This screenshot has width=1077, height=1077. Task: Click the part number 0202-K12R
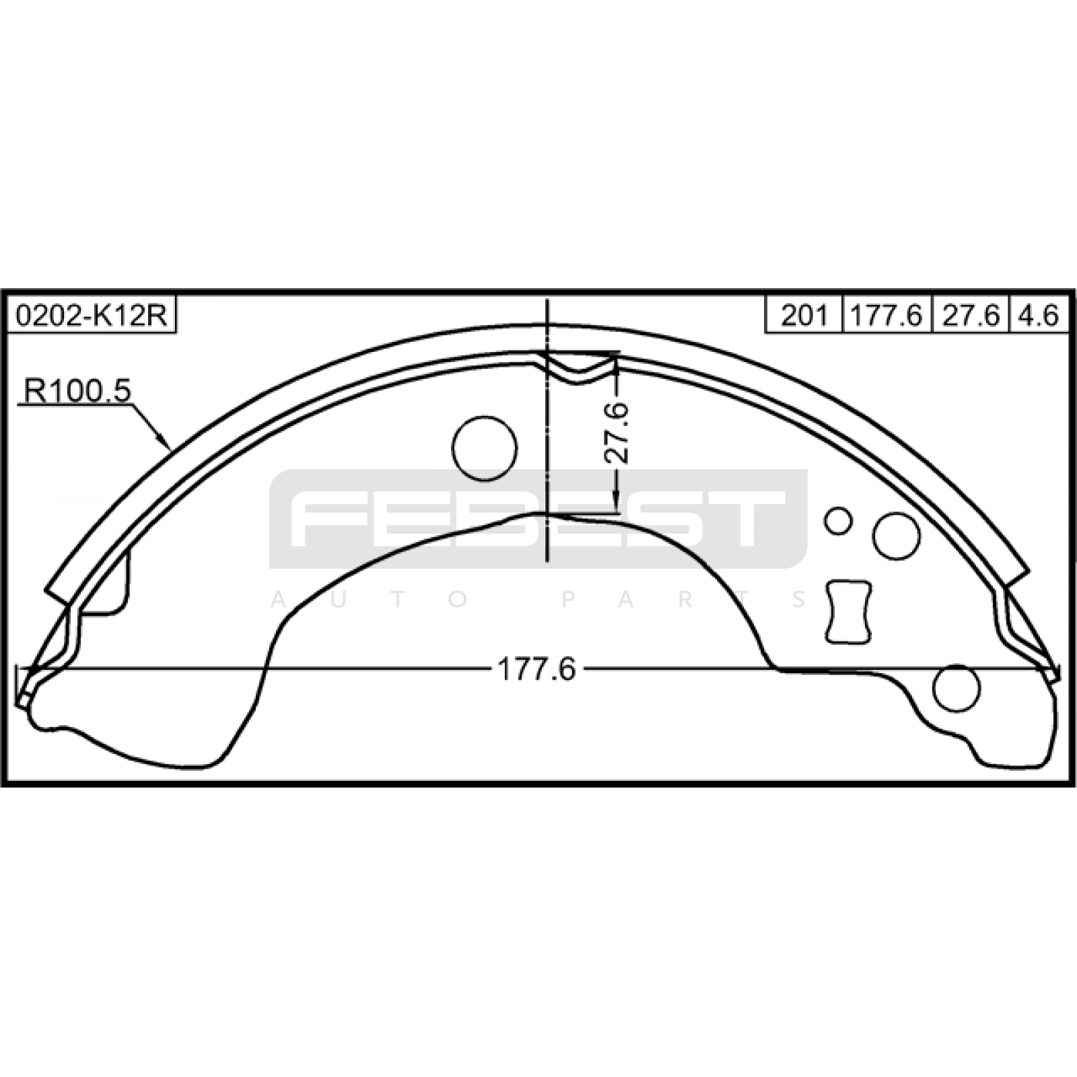click(92, 315)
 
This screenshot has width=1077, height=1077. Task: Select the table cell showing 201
click(804, 315)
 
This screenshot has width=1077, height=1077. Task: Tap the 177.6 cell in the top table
click(887, 315)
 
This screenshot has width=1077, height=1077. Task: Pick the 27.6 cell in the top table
click(970, 315)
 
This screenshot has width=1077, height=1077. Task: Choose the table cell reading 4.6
click(1039, 315)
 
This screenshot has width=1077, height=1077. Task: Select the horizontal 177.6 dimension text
click(536, 669)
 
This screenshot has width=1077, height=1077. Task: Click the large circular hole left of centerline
click(485, 448)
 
